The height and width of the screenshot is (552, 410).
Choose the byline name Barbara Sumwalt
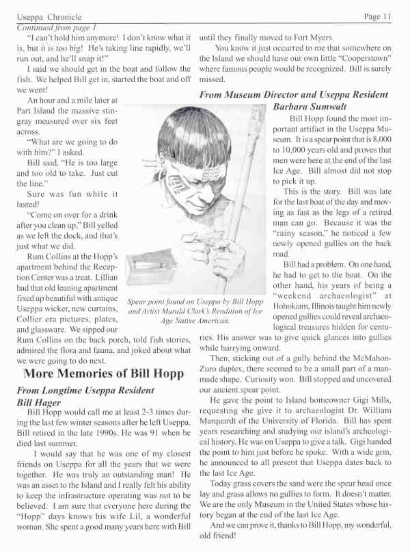click(x=311, y=107)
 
